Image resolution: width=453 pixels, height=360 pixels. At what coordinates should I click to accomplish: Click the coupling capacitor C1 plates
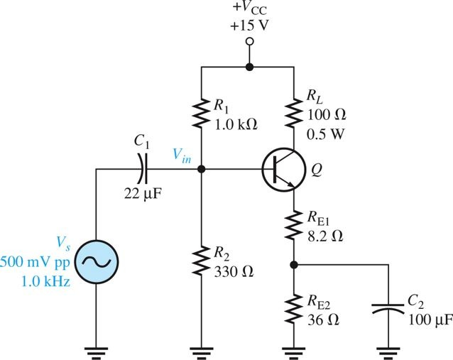tap(143, 170)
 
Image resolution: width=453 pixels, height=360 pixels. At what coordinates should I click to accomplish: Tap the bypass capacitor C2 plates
tap(389, 310)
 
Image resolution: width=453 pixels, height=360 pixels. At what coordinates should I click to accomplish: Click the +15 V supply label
tap(249, 28)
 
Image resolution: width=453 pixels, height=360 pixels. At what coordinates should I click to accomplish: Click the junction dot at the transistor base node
tap(202, 170)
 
